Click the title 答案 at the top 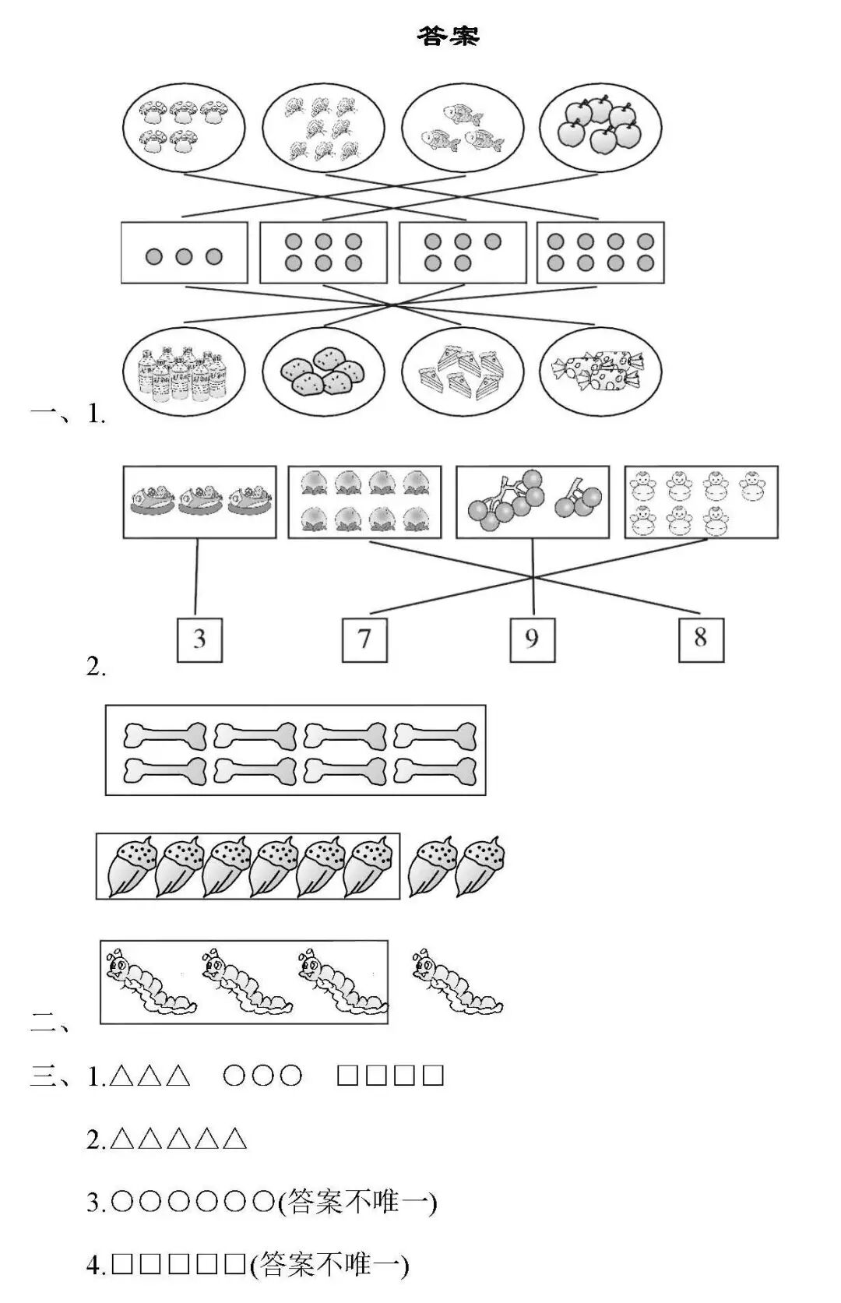point(448,36)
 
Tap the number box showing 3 point(199,639)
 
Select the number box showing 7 point(364,639)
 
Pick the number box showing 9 point(532,639)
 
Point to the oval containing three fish point(462,128)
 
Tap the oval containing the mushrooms point(184,126)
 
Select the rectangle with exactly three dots point(184,253)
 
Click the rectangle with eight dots point(600,253)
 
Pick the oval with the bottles point(184,371)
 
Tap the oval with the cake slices point(462,371)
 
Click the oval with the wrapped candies point(600,371)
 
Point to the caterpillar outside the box point(456,981)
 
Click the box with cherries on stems point(533,502)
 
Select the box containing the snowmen point(701,502)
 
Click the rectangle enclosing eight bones point(295,750)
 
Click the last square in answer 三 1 point(433,1076)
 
